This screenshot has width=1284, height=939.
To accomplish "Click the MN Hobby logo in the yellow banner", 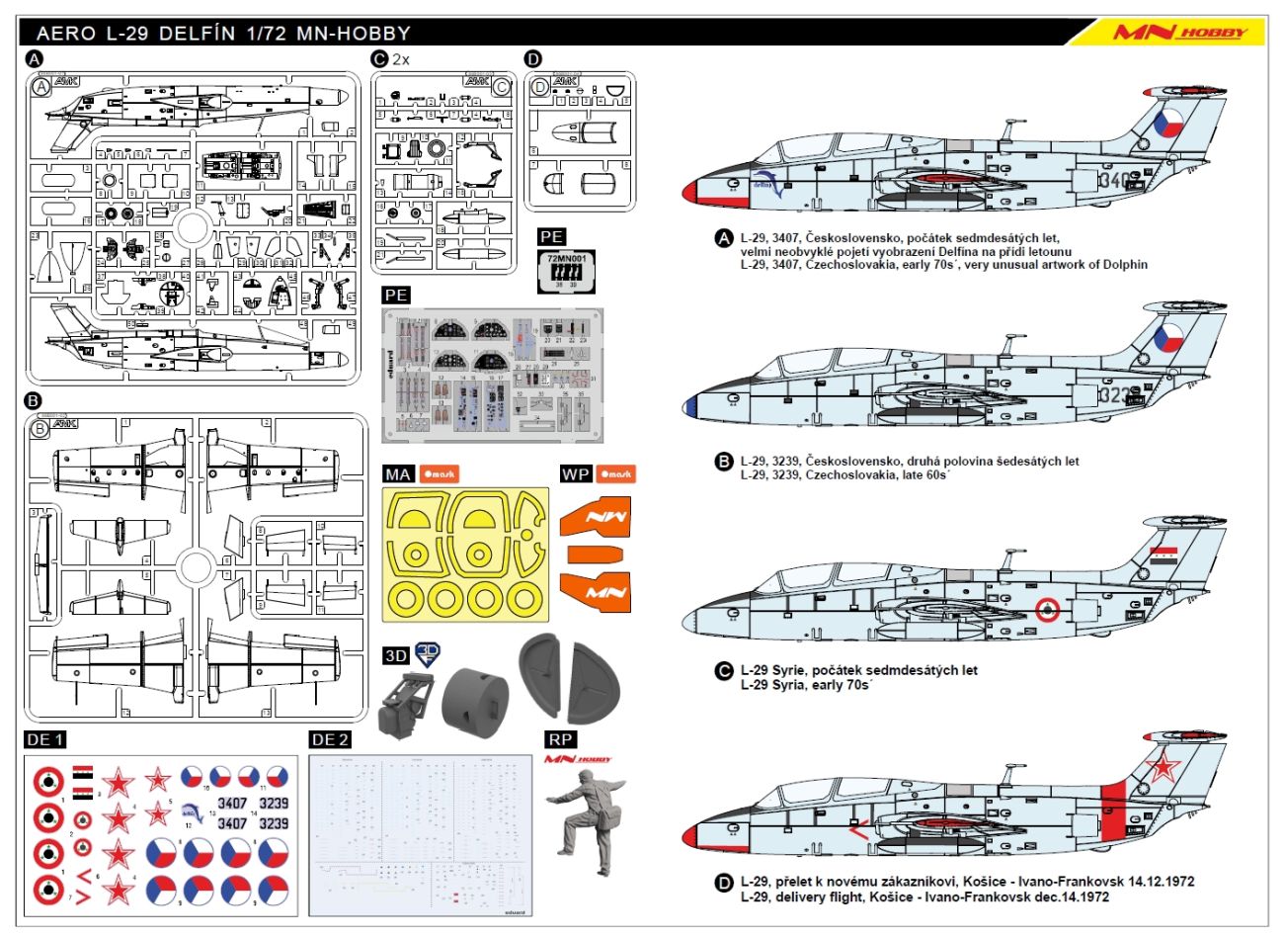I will pyautogui.click(x=1180, y=32).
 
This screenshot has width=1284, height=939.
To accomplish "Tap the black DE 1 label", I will pyautogui.click(x=45, y=739).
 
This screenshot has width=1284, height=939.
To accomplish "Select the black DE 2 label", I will pyautogui.click(x=329, y=739).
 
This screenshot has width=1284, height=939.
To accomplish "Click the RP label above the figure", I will pyautogui.click(x=560, y=739).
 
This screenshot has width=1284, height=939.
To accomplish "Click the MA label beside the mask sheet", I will pyautogui.click(x=398, y=474).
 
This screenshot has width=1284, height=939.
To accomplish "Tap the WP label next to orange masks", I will pyautogui.click(x=576, y=474).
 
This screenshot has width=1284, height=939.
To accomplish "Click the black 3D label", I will pyautogui.click(x=395, y=656).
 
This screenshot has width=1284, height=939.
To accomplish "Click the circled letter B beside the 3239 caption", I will pyautogui.click(x=724, y=462).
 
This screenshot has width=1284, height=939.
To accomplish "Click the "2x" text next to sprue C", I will pyautogui.click(x=401, y=59).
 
